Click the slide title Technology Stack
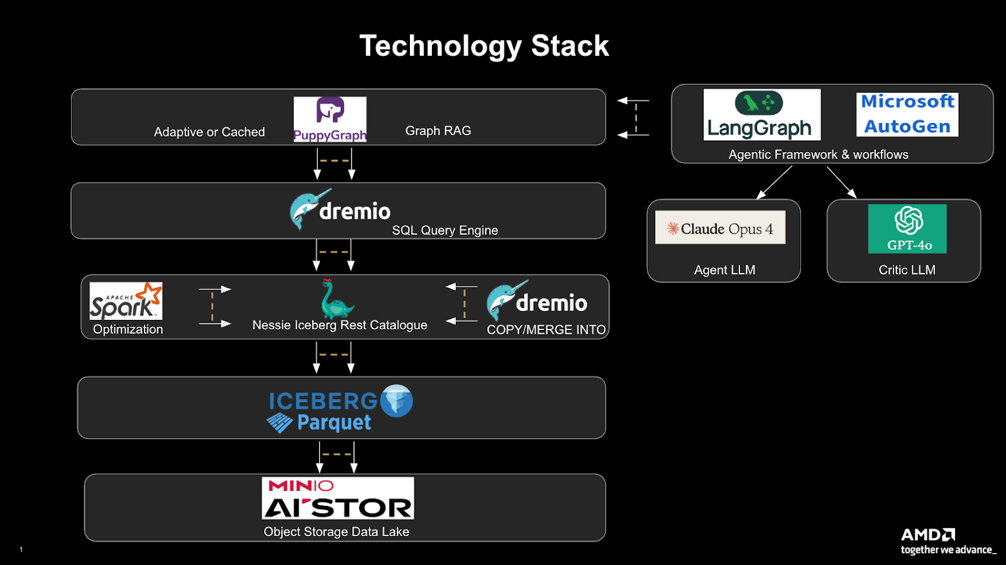[484, 46]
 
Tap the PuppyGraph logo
[330, 119]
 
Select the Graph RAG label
[438, 131]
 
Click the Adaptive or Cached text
[209, 132]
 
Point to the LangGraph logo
[761, 114]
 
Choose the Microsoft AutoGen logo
[907, 114]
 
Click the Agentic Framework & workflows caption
[818, 155]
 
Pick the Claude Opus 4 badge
[720, 228]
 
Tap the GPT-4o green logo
[907, 229]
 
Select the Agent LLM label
[724, 270]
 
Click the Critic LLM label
[907, 270]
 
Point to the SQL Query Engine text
[445, 231]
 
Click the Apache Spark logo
[126, 301]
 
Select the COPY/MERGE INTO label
[546, 330]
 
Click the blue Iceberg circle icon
[397, 400]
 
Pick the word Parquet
[334, 423]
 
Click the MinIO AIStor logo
[338, 498]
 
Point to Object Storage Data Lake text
[336, 532]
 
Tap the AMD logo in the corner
[927, 535]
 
